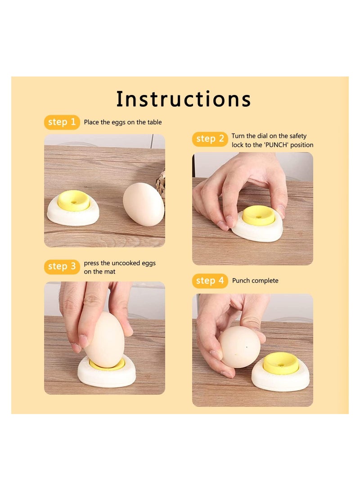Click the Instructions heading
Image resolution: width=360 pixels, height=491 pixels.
click(184, 99)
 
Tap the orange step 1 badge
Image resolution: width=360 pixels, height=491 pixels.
click(62, 122)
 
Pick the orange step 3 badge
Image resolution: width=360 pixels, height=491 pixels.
click(62, 267)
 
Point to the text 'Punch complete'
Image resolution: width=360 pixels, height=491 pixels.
click(255, 281)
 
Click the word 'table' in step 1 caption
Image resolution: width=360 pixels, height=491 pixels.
click(153, 122)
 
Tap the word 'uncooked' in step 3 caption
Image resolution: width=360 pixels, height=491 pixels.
click(119, 263)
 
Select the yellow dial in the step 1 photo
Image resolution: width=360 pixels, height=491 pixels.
click(74, 200)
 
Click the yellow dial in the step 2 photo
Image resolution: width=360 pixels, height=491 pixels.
click(259, 215)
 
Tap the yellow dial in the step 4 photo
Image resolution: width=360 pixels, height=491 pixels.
click(281, 363)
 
